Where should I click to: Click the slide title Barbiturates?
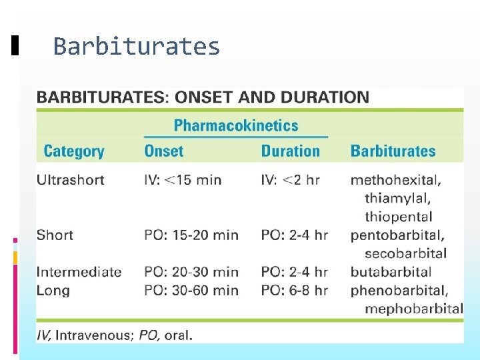(x=136, y=47)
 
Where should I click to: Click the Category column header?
(x=74, y=151)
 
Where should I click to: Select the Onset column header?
(x=163, y=151)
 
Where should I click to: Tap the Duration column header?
(x=290, y=151)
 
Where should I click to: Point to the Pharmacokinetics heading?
(x=236, y=125)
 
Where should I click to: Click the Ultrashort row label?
(x=70, y=180)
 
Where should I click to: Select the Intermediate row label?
(x=79, y=272)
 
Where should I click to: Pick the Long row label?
(x=53, y=291)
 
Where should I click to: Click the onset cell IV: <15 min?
(x=183, y=180)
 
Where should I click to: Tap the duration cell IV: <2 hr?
(x=290, y=180)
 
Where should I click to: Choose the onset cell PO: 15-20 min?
(x=191, y=235)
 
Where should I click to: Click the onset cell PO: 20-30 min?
(x=191, y=272)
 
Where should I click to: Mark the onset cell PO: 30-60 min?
(x=191, y=291)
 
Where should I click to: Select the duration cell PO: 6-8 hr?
(x=294, y=291)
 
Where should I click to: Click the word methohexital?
(x=395, y=180)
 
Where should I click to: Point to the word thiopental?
(x=398, y=217)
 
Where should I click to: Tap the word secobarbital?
(x=405, y=253)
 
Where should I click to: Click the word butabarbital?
(x=391, y=272)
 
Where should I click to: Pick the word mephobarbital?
(x=413, y=309)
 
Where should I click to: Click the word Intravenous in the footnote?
(x=94, y=335)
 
